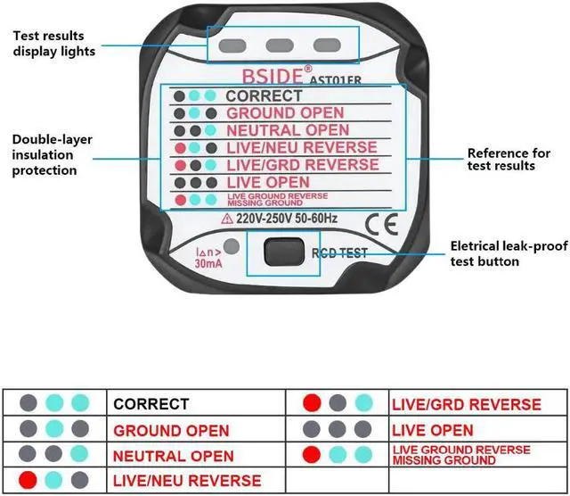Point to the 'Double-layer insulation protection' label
(x=52, y=155)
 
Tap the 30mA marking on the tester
(x=209, y=263)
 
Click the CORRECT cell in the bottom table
(x=151, y=403)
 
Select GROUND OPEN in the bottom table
(x=171, y=430)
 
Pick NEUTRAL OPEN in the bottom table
(x=174, y=456)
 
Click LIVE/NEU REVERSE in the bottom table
(x=187, y=481)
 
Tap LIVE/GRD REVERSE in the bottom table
(x=466, y=404)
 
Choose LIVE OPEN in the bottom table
(x=433, y=430)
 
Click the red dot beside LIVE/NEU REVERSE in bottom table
(x=29, y=480)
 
